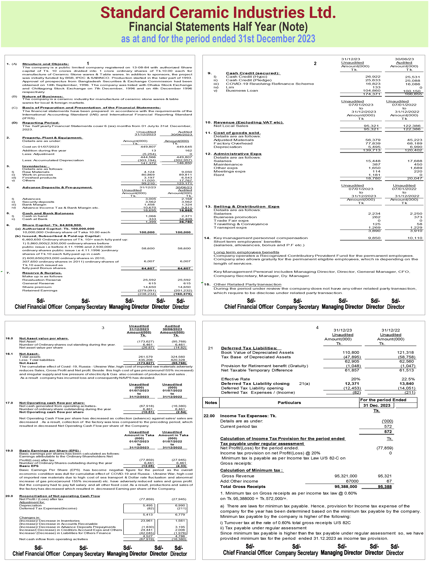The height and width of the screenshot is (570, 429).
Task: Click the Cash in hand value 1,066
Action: pyautogui.click(x=151, y=216)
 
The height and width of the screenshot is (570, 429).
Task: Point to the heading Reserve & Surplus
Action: pyautogui.click(x=42, y=273)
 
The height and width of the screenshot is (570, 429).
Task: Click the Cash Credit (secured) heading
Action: pyautogui.click(x=253, y=73)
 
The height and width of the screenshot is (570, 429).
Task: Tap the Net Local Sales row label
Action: pyautogui.click(x=231, y=126)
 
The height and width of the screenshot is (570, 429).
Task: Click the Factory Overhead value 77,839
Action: pyautogui.click(x=373, y=144)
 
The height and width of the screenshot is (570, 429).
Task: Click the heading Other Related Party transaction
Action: pyautogui.click(x=247, y=285)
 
